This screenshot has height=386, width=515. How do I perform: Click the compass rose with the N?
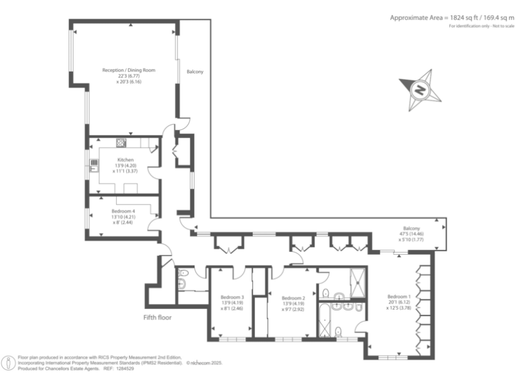pyautogui.click(x=420, y=89)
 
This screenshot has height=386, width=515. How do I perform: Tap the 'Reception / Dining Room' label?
pyautogui.click(x=128, y=70)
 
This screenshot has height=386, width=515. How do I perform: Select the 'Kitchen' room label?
pyautogui.click(x=125, y=159)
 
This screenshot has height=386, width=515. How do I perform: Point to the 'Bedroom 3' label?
pyautogui.click(x=232, y=298)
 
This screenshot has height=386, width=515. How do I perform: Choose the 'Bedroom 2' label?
pyautogui.click(x=293, y=298)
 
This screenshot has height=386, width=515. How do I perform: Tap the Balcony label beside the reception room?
pyautogui.click(x=195, y=72)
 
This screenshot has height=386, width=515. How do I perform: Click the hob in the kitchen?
pyautogui.click(x=121, y=142)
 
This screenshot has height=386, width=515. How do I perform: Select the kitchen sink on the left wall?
pyautogui.click(x=94, y=162)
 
